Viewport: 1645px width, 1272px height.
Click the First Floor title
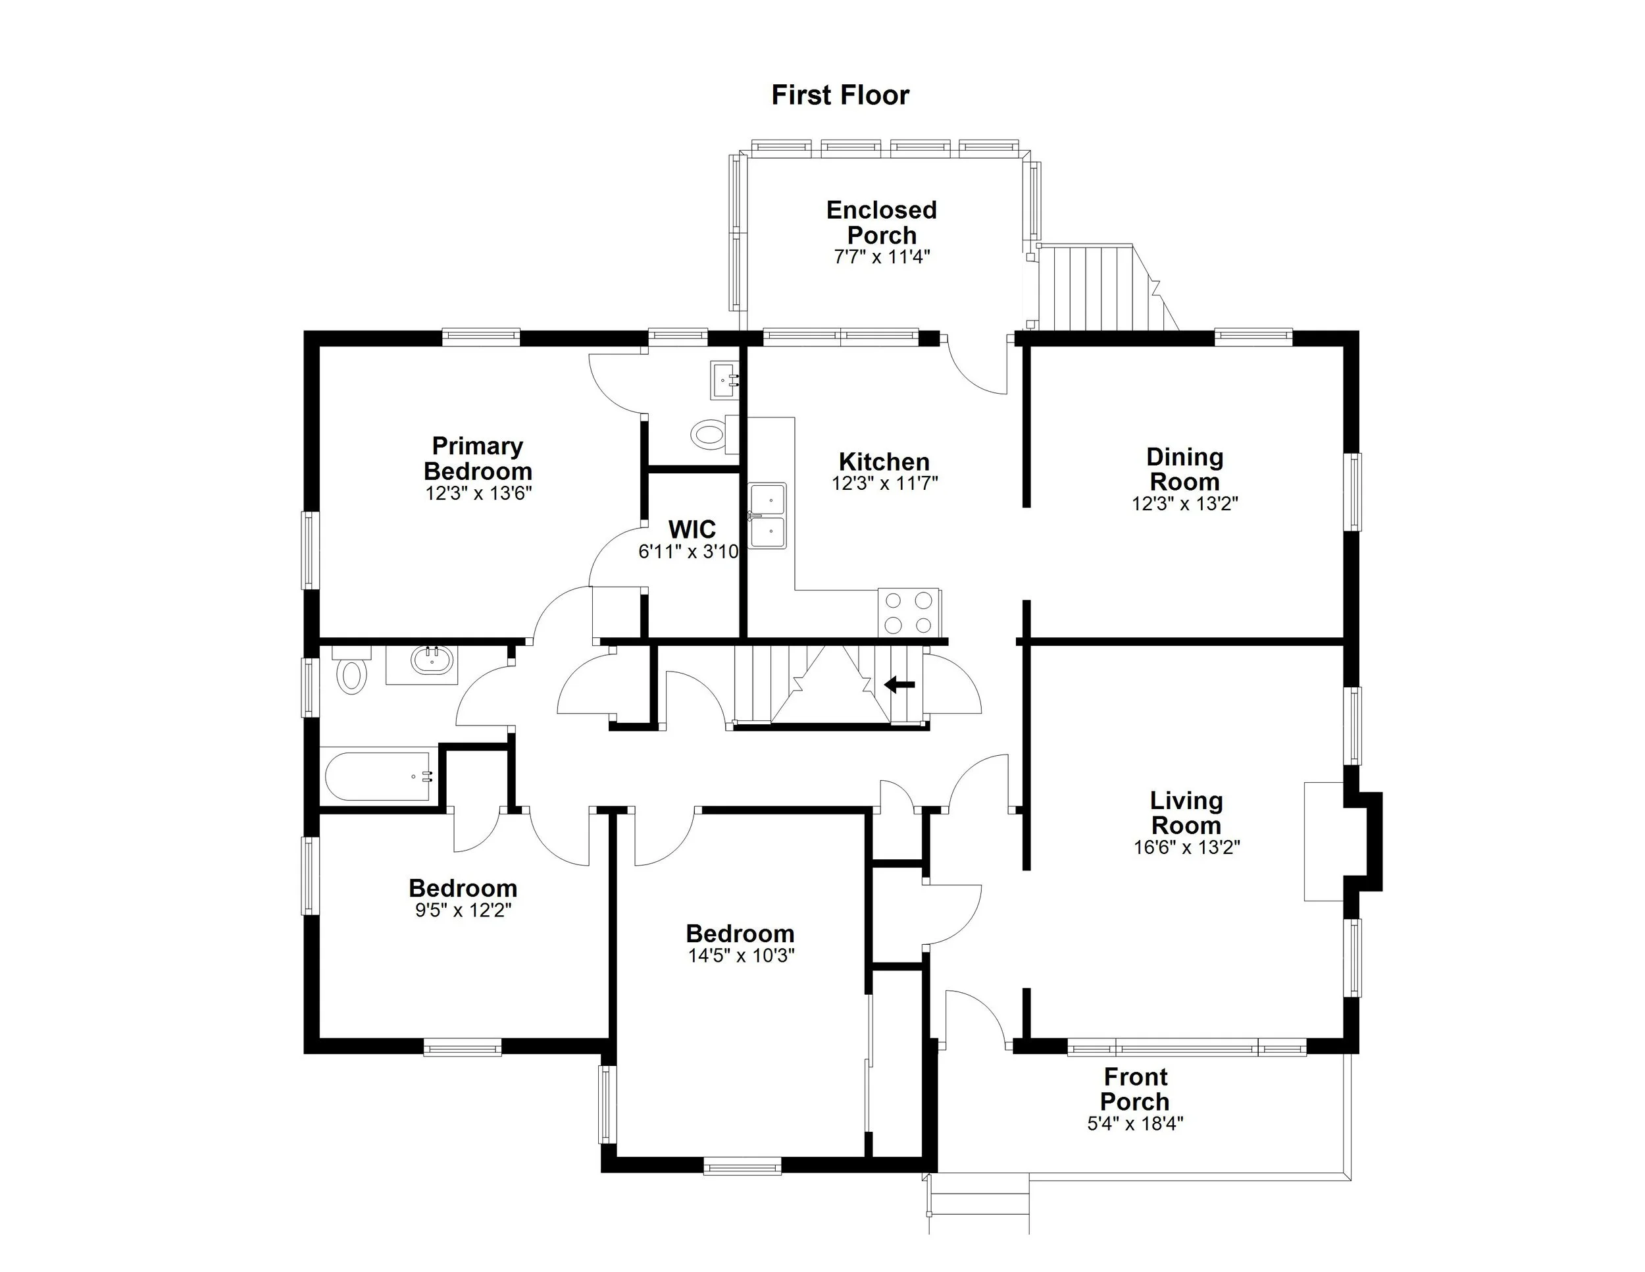click(840, 95)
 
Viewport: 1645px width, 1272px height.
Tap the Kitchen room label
click(884, 461)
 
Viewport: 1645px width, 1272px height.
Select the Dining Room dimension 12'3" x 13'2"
click(1185, 504)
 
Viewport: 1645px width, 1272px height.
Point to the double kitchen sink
click(767, 516)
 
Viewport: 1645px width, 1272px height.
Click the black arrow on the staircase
click(899, 685)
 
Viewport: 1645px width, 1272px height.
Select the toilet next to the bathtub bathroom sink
click(351, 673)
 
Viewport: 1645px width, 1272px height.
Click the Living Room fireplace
click(1326, 841)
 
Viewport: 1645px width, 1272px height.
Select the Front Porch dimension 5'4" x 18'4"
click(1135, 1124)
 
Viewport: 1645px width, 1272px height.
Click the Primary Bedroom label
click(478, 458)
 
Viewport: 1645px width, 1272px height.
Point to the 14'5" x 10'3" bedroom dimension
click(741, 955)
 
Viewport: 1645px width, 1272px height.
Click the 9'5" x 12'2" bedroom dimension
click(463, 909)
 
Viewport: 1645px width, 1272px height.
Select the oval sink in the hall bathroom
click(432, 661)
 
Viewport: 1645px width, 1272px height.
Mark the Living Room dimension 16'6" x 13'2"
click(1186, 847)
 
